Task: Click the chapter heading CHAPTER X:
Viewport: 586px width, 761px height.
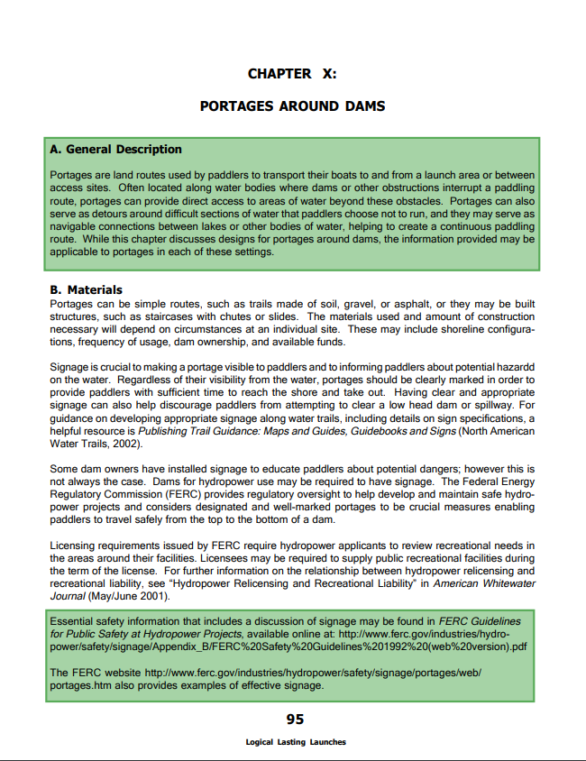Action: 292,74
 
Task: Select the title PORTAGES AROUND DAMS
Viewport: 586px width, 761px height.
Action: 292,106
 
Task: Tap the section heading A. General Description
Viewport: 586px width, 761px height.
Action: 115,150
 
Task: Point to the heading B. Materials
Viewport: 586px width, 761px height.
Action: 87,290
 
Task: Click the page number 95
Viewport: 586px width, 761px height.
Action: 295,719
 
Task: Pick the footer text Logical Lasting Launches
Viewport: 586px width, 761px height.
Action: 295,742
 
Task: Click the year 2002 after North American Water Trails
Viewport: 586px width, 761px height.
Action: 125,444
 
